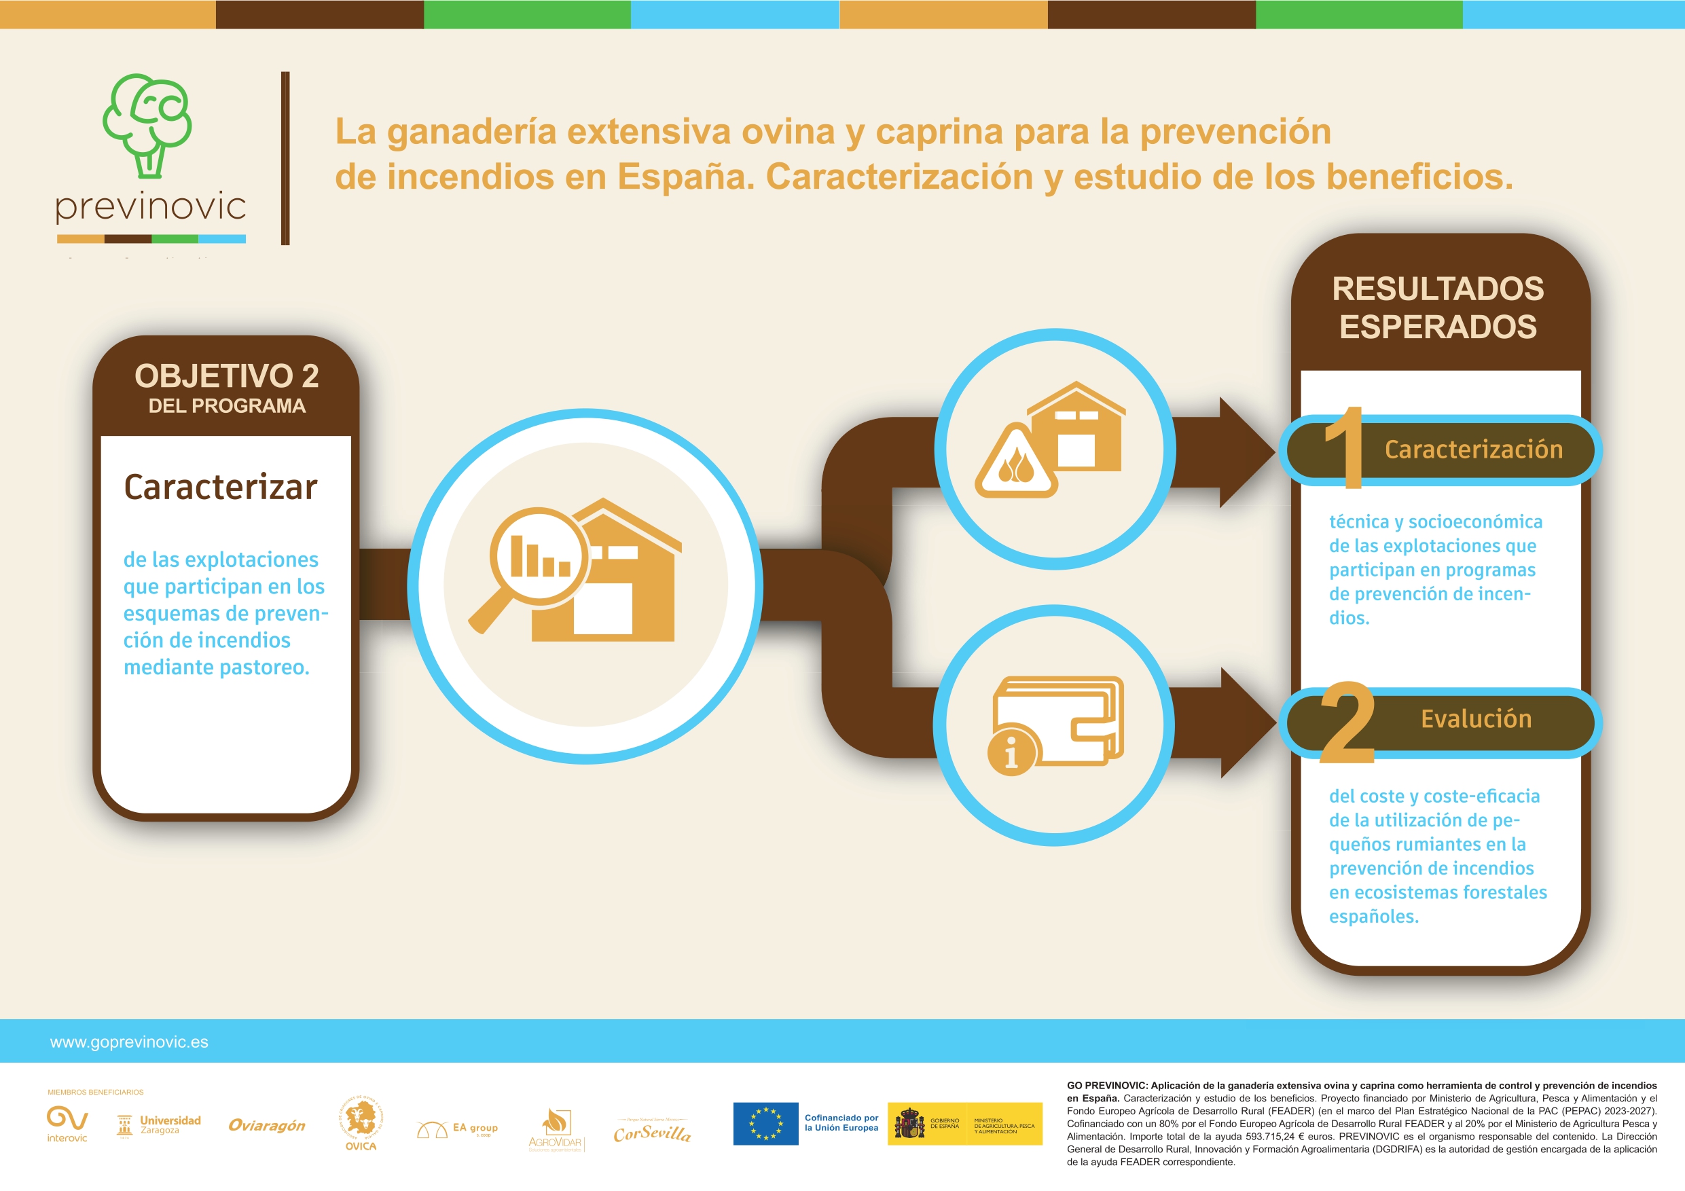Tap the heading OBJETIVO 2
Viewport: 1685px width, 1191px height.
(x=226, y=376)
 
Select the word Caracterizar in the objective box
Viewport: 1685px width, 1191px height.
(x=220, y=488)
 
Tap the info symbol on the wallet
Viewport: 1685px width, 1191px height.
(x=1011, y=752)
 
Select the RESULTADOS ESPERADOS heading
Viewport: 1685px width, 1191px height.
(x=1438, y=308)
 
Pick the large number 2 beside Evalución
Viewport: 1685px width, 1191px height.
(x=1347, y=724)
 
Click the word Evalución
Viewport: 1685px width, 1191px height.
(x=1476, y=719)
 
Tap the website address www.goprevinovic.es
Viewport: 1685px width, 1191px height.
(x=129, y=1042)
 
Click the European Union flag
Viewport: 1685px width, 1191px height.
(x=765, y=1124)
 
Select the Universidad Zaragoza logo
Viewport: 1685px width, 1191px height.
(x=158, y=1125)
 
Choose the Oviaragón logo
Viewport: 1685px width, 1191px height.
(x=266, y=1126)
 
